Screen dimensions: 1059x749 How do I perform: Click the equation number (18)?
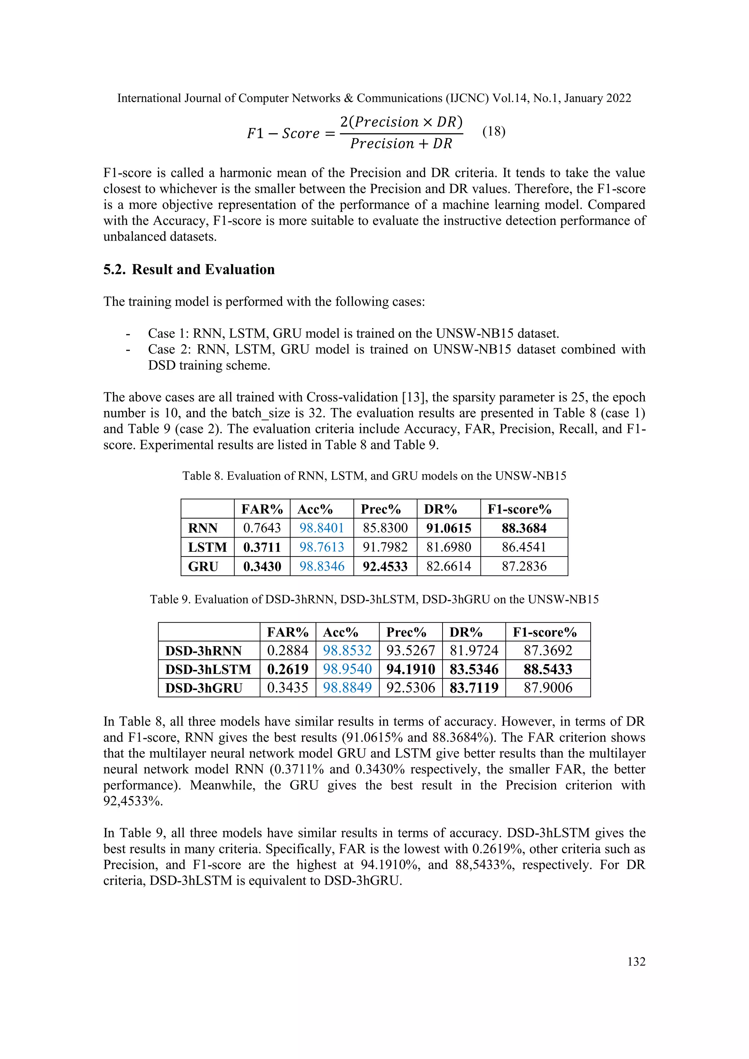pos(493,132)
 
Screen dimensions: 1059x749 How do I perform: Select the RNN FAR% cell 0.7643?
pos(262,528)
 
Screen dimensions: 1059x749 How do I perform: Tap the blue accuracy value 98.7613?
pos(321,547)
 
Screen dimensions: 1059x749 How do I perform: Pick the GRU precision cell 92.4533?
pos(385,566)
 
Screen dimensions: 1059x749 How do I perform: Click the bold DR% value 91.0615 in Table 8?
pos(448,528)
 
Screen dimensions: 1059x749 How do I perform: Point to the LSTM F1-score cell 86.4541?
pos(524,547)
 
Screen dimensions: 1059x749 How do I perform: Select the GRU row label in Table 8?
pos(203,566)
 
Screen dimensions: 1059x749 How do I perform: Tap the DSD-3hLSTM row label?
pos(208,669)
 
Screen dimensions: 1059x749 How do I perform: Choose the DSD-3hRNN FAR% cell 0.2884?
pos(287,651)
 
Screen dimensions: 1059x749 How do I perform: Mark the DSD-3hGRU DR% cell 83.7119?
pos(474,688)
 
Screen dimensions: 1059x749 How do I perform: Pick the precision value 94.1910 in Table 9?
pos(410,669)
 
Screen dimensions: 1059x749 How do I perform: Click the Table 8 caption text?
pos(374,476)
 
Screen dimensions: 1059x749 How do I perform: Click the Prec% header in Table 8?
pos(380,509)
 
